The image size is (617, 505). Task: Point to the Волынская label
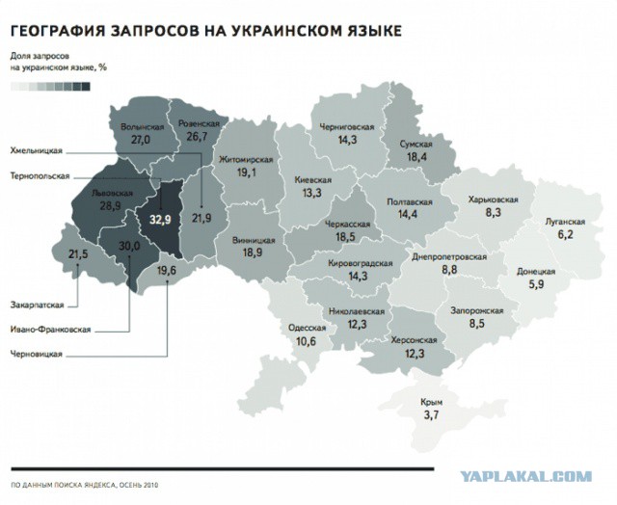pyautogui.click(x=139, y=127)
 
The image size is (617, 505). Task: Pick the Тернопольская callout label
pyautogui.click(x=40, y=176)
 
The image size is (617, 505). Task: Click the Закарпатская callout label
pyautogui.click(x=38, y=306)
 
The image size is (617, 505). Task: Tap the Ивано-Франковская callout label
pyautogui.click(x=50, y=330)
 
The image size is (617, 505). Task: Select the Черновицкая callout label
pyautogui.click(x=38, y=355)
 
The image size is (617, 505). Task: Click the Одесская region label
pyautogui.click(x=307, y=329)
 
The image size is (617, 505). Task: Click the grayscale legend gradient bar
pyautogui.click(x=50, y=86)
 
